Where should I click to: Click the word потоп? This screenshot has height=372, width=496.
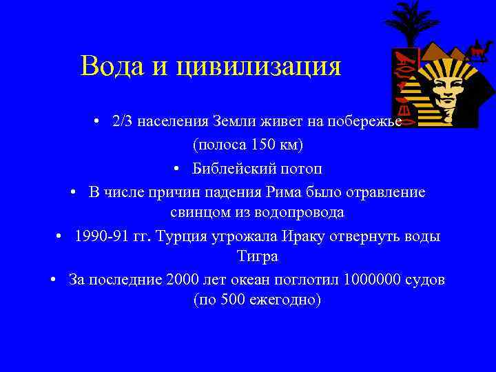[x=298, y=169]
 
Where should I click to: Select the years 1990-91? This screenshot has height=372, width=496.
[x=102, y=236]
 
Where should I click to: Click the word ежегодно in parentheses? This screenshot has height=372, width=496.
[x=277, y=301]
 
